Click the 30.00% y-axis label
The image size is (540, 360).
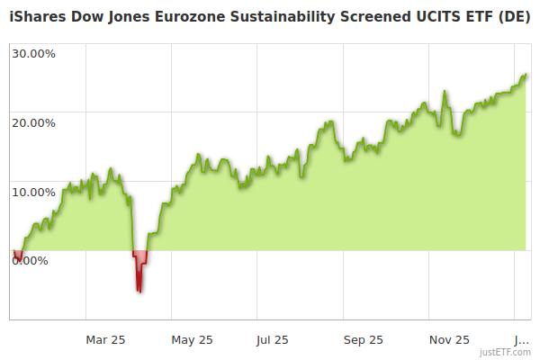(x=33, y=53)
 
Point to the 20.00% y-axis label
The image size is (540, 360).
(x=33, y=122)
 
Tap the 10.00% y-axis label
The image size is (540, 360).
(x=33, y=192)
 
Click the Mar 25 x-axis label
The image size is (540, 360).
(x=105, y=340)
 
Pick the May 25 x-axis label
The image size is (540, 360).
(x=192, y=340)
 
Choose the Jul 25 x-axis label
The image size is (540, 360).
(x=271, y=340)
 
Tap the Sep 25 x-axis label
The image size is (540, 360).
(x=364, y=340)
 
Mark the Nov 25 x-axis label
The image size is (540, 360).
(x=449, y=340)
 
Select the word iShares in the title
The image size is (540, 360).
(x=40, y=17)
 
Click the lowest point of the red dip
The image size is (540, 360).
(x=139, y=291)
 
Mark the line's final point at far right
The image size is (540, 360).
(x=526, y=76)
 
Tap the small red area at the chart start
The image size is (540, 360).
(x=18, y=256)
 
